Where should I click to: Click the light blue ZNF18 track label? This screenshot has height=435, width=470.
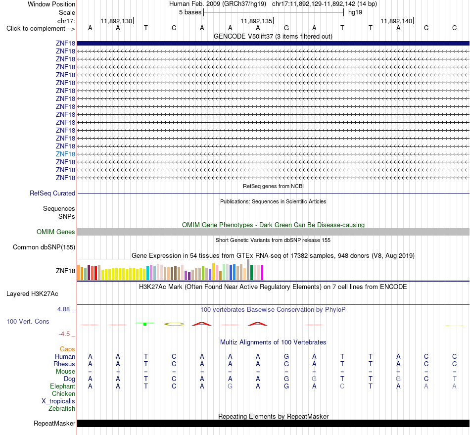65,154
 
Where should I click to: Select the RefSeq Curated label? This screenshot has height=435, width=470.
52,193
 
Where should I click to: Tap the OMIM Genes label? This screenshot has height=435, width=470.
56,232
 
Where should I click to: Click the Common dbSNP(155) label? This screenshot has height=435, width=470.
44,247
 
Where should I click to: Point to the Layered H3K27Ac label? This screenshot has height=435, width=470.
32,294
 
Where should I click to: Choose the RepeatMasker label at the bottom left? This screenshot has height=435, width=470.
54,423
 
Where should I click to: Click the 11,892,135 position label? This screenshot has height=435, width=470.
256,21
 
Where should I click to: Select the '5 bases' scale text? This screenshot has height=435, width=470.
190,12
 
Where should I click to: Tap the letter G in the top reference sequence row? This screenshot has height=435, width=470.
286,28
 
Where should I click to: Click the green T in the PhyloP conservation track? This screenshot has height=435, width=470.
145,324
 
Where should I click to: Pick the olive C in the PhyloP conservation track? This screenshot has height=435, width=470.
174,324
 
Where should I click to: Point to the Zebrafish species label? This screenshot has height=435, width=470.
62,409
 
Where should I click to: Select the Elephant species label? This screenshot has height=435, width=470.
62,386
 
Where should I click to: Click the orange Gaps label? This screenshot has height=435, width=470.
67,349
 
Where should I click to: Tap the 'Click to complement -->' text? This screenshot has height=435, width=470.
41,29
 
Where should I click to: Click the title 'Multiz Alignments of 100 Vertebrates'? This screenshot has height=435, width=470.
273,342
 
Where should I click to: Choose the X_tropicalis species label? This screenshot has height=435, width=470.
58,401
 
